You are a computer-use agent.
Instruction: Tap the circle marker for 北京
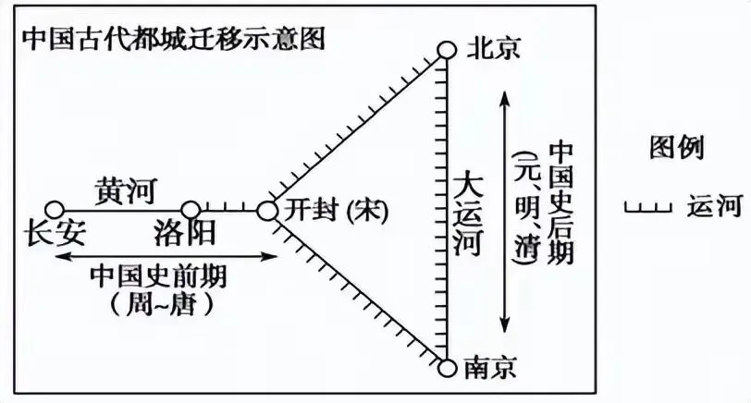pyautogui.click(x=447, y=49)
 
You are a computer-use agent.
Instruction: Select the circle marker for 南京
pyautogui.click(x=447, y=368)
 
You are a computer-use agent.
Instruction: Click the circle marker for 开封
pyautogui.click(x=267, y=212)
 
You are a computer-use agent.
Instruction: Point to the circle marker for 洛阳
pyautogui.click(x=190, y=211)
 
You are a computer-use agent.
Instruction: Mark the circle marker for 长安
pyautogui.click(x=55, y=211)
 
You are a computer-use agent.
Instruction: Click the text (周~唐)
pyautogui.click(x=161, y=302)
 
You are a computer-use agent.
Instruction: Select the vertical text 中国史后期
pyautogui.click(x=560, y=202)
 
